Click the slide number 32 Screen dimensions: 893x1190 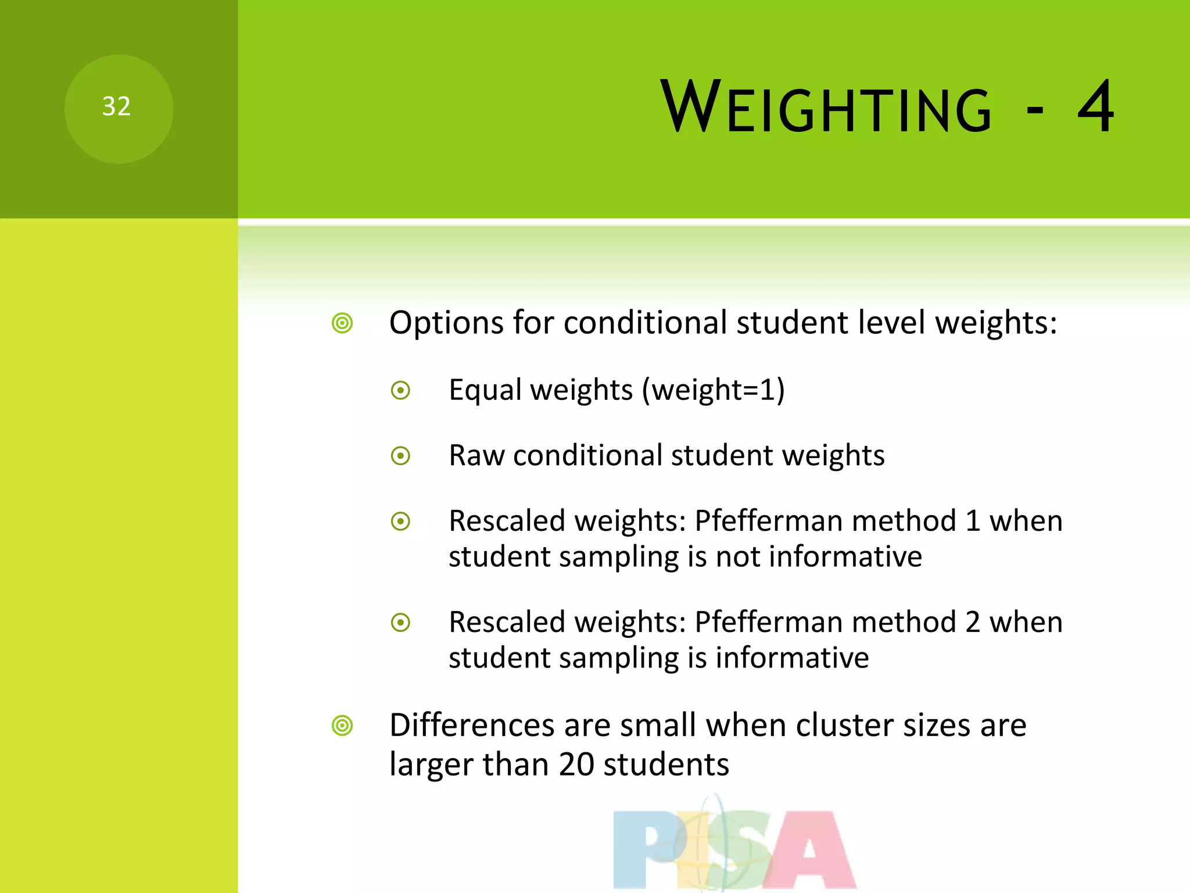click(x=116, y=106)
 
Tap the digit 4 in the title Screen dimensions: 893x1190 click(x=1095, y=107)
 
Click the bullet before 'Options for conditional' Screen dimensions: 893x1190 click(x=342, y=323)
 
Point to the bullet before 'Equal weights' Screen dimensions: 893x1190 click(x=400, y=390)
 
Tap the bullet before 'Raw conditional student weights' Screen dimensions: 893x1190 click(x=400, y=456)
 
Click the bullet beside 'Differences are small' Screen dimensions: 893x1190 click(x=342, y=726)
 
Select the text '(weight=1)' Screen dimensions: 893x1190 click(x=713, y=390)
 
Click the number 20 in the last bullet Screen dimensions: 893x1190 click(x=576, y=765)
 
